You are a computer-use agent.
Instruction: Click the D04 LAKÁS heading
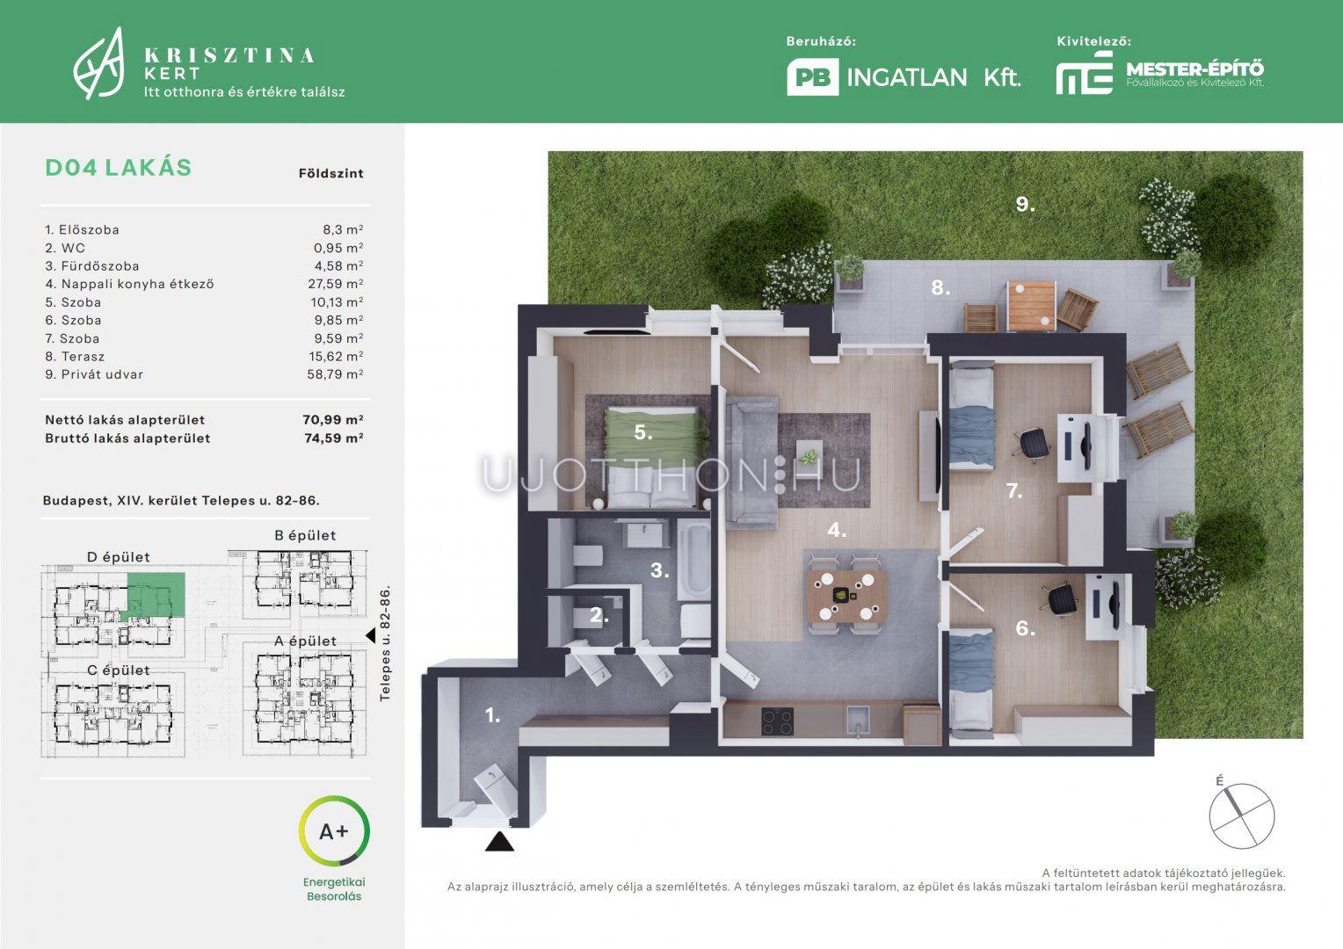pos(118,168)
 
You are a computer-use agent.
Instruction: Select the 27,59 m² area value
pos(336,284)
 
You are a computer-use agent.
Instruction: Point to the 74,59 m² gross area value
pos(333,438)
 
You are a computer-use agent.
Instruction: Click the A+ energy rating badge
pos(334,831)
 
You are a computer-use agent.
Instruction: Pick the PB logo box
pos(812,77)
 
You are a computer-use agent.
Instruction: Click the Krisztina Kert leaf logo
pos(99,63)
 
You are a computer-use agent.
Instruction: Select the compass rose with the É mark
pos(1241,815)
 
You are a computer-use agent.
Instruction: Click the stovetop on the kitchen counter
pos(778,721)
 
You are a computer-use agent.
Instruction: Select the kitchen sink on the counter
pos(858,720)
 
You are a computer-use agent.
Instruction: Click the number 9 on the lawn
pos(1025,205)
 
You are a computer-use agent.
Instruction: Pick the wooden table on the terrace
pos(1031,306)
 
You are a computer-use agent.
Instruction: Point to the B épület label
pos(305,535)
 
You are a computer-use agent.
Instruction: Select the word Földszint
pos(331,174)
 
